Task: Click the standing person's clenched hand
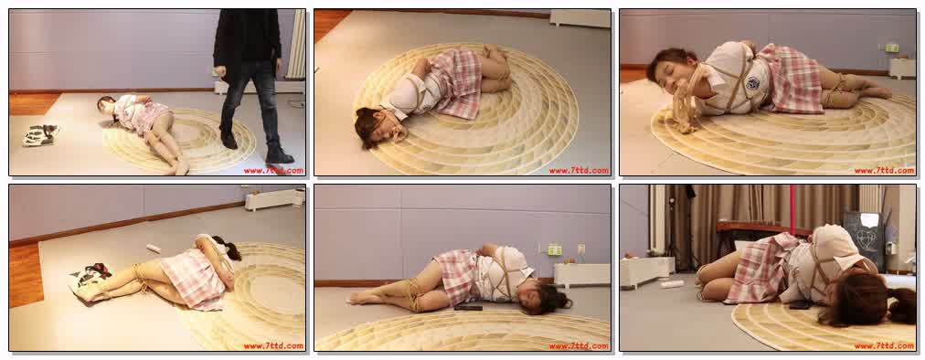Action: (220, 72)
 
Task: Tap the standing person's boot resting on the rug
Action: (279, 155)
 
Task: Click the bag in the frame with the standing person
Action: (41, 135)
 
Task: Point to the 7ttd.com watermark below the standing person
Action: (273, 171)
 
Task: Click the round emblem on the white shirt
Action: (751, 83)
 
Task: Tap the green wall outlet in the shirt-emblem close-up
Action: (891, 48)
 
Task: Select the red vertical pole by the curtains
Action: (792, 209)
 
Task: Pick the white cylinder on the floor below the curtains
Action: (673, 284)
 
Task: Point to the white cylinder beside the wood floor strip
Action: (154, 249)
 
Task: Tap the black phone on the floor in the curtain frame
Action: (800, 304)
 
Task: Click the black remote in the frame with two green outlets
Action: (468, 307)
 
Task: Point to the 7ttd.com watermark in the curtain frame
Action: (884, 345)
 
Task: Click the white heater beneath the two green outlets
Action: (580, 275)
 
